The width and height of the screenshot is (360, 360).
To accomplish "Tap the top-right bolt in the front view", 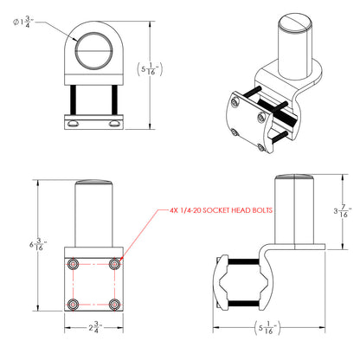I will click(115, 262).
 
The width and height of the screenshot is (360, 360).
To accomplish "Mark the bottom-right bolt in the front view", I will click(115, 304).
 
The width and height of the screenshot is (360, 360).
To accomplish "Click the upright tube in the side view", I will click(295, 212).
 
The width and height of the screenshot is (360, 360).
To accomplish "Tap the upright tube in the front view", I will click(94, 212).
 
